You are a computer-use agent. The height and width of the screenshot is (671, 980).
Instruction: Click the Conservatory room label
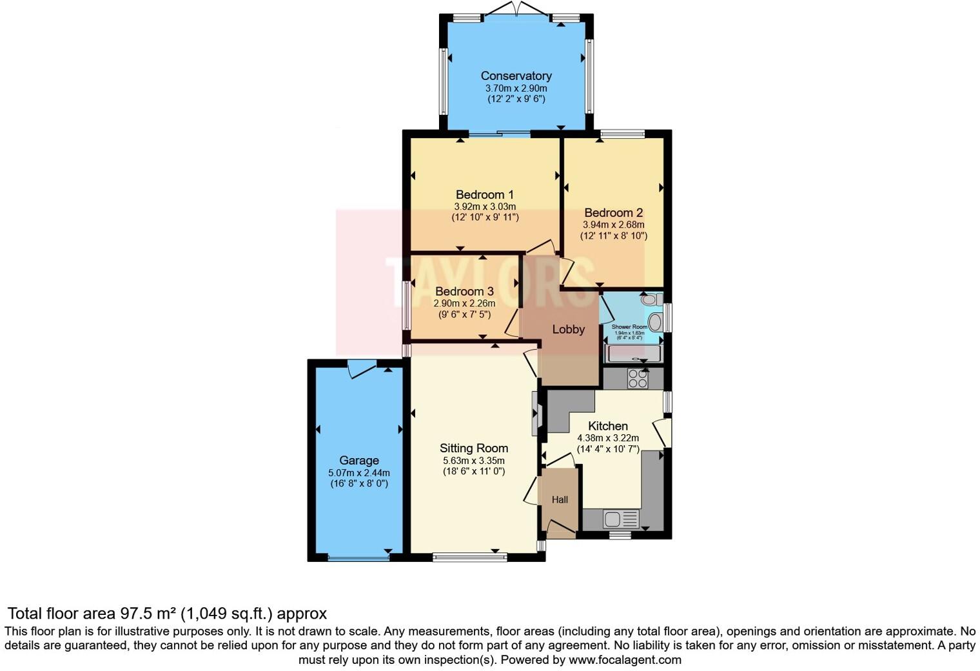(x=516, y=76)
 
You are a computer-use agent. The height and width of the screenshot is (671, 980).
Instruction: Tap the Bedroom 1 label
(x=484, y=195)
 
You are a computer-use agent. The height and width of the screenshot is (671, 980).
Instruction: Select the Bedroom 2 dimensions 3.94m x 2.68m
(x=613, y=225)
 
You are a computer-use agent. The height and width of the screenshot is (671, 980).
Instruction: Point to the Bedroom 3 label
(x=464, y=292)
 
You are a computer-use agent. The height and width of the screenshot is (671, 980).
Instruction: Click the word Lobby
(x=568, y=330)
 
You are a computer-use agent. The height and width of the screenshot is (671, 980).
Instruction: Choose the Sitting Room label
(x=474, y=448)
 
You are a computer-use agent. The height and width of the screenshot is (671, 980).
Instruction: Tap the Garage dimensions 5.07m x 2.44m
(x=358, y=472)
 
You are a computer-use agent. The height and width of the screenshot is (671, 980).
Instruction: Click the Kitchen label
(x=607, y=426)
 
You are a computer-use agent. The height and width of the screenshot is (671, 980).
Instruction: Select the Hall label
(x=560, y=499)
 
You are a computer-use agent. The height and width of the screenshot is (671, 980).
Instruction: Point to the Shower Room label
(x=629, y=327)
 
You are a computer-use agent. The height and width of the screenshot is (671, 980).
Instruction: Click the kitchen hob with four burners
(x=637, y=379)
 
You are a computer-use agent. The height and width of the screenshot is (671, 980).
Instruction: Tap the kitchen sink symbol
(x=620, y=519)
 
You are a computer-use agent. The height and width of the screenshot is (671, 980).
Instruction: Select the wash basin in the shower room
(x=654, y=322)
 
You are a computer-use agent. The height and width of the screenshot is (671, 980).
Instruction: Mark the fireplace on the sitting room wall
(x=536, y=414)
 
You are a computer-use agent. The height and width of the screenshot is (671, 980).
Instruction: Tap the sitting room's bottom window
(x=469, y=557)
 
